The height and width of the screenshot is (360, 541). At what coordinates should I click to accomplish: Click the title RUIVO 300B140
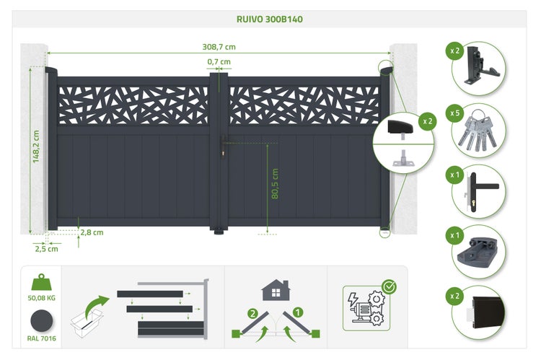point(270,19)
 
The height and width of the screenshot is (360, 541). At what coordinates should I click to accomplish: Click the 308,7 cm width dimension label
point(219,47)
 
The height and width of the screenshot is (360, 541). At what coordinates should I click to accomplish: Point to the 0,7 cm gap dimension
point(219,62)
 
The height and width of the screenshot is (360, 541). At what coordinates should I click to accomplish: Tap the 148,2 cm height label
point(36,146)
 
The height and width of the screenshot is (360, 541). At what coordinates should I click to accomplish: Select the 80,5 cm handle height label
point(275,184)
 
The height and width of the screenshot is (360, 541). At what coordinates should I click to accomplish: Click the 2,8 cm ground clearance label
point(92,232)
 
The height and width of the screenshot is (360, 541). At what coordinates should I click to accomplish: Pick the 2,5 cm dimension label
point(47,248)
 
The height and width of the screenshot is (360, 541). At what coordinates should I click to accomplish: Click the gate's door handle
point(224,145)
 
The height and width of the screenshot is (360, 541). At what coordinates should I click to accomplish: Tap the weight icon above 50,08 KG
point(41,282)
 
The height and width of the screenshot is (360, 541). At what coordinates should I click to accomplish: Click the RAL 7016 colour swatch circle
point(41,321)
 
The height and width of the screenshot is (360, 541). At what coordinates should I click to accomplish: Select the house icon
point(276,290)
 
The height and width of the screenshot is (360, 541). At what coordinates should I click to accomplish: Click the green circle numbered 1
point(297,312)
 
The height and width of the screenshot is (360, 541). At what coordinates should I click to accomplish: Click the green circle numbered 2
point(253,313)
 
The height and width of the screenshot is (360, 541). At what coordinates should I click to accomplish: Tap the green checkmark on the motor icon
point(390,286)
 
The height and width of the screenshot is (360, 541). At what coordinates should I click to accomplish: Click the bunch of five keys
point(478,131)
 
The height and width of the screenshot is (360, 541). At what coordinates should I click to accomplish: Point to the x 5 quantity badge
point(454,113)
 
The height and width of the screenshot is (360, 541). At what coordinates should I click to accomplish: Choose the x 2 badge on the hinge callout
point(427,121)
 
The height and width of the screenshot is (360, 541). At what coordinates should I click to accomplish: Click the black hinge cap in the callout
point(400,127)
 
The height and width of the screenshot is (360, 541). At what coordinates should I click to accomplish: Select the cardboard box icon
point(87,322)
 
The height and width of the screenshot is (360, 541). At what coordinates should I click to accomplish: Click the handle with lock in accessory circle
point(478,192)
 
